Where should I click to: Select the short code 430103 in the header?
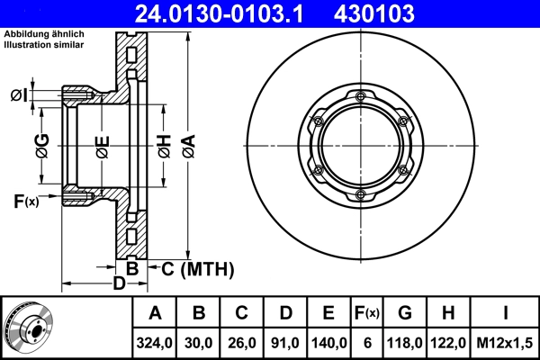pos(400,13)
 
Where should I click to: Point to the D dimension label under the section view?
pos(118,285)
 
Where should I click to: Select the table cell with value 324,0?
pos(155,342)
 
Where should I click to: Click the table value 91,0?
pos(285,342)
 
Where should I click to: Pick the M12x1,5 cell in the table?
pos(505,342)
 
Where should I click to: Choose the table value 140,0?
pos(328,342)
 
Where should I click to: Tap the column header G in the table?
pos(405,314)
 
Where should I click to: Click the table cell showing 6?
pos(366,342)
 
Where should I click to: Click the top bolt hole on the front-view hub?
pos(360,96)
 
